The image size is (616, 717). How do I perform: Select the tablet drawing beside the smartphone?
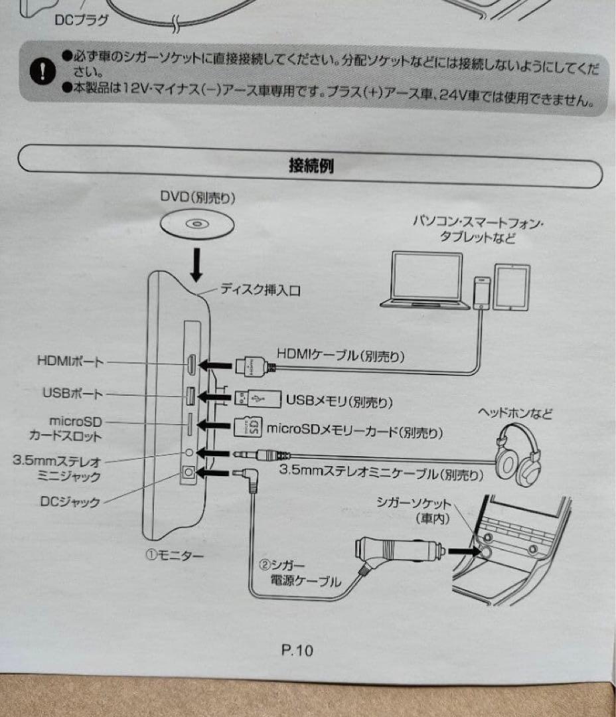pos(510,287)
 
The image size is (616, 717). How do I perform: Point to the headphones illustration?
pos(520,455)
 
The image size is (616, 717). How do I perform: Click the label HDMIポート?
pos(70,362)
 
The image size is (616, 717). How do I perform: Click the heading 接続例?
pos(311,165)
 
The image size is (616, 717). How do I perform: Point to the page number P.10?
pos(297,650)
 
